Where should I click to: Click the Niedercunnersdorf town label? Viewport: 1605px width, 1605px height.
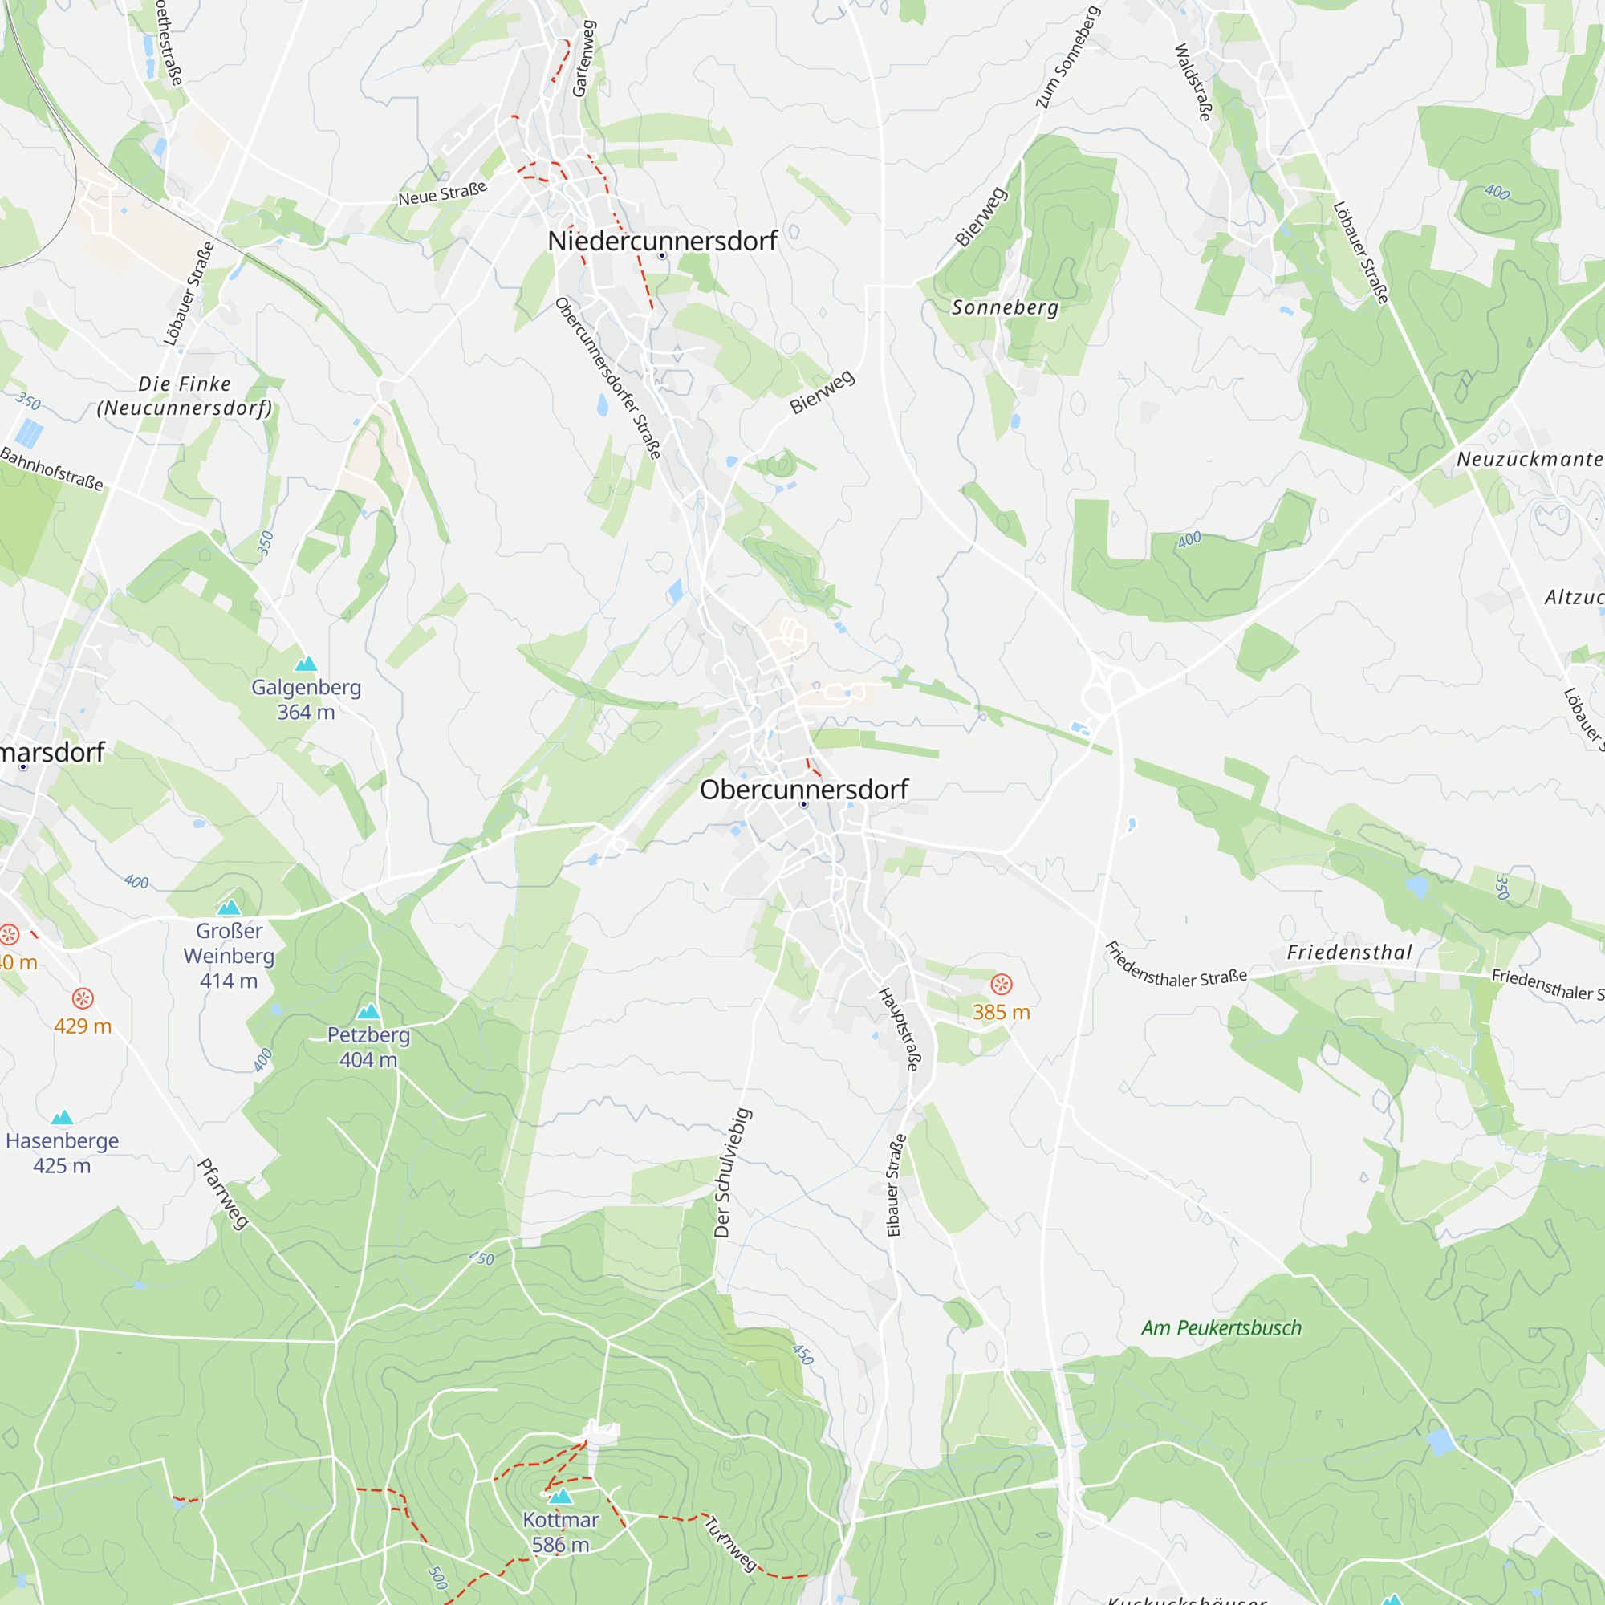tap(662, 241)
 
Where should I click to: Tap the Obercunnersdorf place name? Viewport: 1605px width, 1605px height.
tap(803, 789)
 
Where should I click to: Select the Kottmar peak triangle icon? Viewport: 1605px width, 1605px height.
tap(561, 1496)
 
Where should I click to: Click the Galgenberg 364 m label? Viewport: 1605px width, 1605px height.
tap(306, 700)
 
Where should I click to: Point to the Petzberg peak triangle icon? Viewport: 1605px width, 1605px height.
tap(368, 1011)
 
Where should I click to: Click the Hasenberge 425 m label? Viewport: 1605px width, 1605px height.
tap(63, 1152)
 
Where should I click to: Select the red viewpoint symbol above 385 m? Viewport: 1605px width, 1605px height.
tap(1001, 985)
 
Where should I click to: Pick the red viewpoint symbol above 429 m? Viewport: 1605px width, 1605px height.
tap(82, 998)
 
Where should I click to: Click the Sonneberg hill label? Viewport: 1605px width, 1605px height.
tap(1005, 307)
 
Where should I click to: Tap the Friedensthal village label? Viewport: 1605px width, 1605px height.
tap(1349, 952)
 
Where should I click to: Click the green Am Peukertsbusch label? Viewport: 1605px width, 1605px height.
tap(1221, 1327)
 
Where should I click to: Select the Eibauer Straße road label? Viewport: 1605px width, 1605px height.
tap(895, 1185)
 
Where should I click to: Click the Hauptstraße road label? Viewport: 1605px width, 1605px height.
tap(900, 1029)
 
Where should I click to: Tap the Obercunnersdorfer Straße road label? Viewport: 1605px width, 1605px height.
tap(608, 378)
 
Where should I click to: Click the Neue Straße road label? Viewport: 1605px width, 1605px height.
tap(442, 193)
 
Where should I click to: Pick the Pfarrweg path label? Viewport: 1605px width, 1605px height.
tap(222, 1194)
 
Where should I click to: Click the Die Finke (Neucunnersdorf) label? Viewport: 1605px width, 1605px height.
tap(185, 396)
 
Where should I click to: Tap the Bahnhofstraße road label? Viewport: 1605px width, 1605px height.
tap(51, 469)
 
